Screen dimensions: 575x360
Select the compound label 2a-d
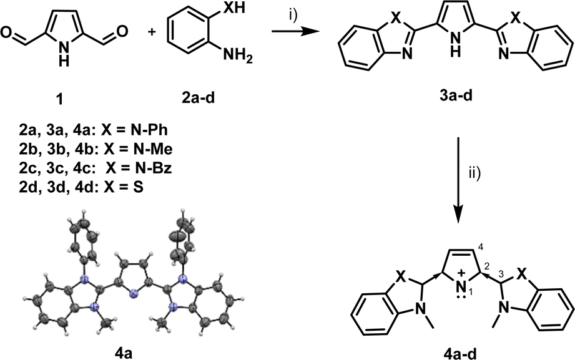[199, 99]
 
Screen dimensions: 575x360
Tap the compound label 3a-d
[456, 96]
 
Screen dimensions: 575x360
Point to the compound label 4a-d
[461, 353]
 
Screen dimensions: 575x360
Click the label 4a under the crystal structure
[124, 353]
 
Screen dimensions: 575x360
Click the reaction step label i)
[293, 17]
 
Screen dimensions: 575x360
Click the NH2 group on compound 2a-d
[238, 57]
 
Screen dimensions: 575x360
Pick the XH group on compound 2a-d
[235, 7]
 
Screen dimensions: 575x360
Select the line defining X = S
[82, 187]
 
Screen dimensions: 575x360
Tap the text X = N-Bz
[139, 168]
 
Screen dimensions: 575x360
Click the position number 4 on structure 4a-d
[480, 248]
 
